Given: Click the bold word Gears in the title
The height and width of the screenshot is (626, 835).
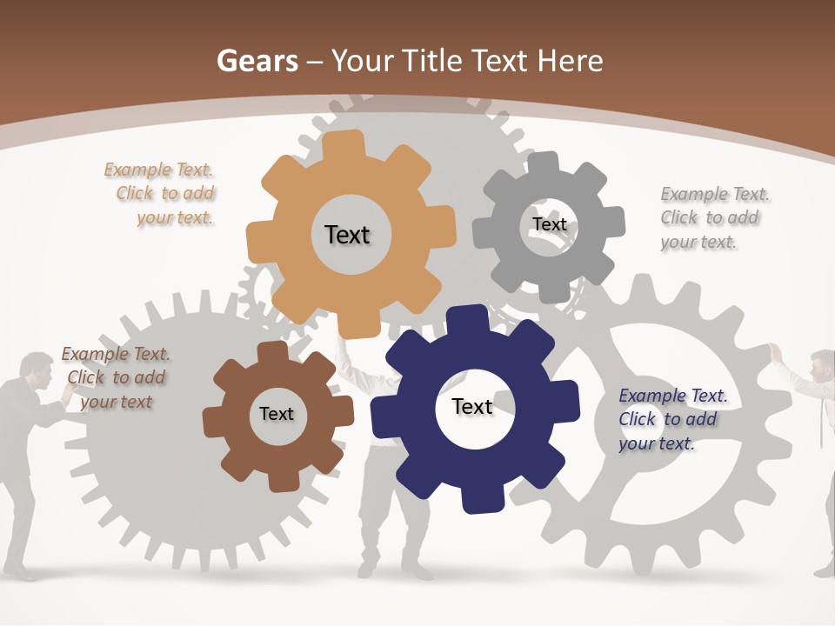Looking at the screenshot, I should tap(257, 61).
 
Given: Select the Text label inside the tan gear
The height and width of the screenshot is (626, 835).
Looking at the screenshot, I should tap(347, 235).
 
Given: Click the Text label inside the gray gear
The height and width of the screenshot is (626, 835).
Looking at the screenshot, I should tap(550, 224).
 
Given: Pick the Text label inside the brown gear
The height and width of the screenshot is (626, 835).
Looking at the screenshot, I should tap(277, 414).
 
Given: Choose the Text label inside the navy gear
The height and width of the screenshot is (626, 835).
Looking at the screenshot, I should tap(472, 407).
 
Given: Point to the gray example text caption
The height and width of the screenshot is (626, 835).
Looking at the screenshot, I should tap(713, 217).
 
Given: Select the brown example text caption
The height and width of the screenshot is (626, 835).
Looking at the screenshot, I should tap(116, 377).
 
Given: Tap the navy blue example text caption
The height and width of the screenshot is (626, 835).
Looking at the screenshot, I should tap(671, 419).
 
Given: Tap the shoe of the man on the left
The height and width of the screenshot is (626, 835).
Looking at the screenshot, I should tap(22, 574).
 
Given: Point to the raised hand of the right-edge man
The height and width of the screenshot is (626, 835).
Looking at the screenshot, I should tap(773, 353).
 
